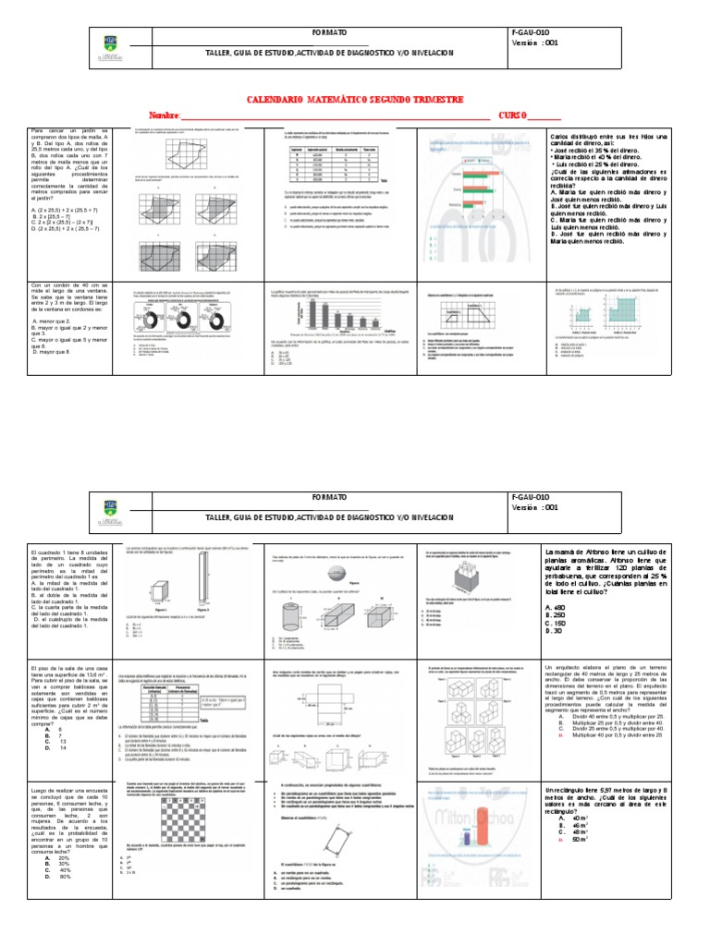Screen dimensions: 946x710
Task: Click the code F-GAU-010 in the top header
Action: [536, 32]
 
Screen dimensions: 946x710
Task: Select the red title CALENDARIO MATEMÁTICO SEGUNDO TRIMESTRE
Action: [355, 100]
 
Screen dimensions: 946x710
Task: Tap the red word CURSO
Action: [514, 115]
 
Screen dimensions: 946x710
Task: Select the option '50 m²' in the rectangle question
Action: [581, 839]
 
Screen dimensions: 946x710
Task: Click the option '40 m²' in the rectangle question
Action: [581, 818]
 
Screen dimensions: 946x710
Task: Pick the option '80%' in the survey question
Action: [65, 876]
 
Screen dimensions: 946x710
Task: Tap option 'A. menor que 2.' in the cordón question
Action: [55, 319]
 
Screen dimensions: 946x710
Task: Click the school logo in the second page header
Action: [108, 513]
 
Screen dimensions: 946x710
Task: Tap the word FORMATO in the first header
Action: [330, 32]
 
